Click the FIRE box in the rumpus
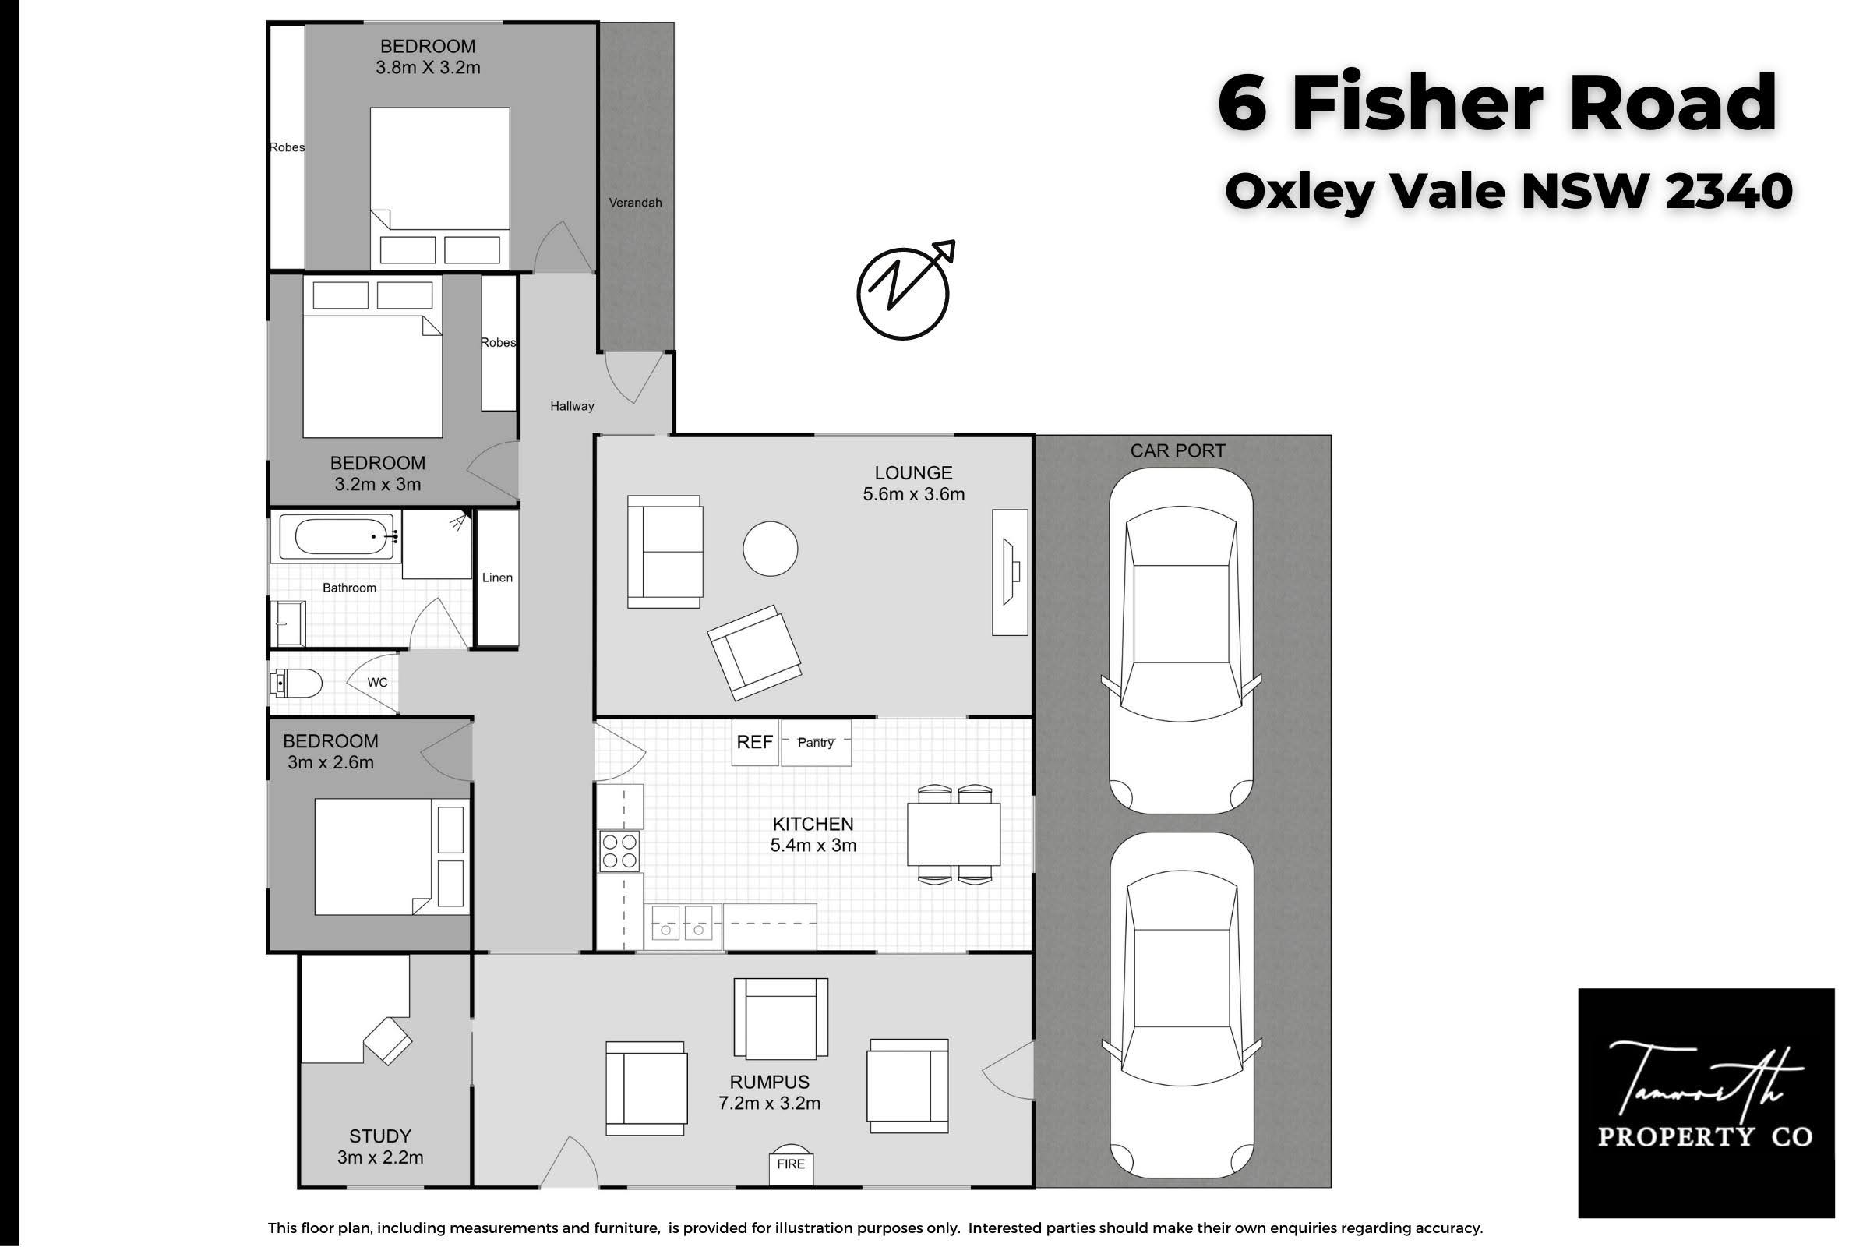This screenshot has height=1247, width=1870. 790,1165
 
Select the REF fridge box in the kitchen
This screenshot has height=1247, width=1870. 753,742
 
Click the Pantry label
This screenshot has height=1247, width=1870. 816,742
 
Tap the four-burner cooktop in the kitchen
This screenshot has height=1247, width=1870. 619,851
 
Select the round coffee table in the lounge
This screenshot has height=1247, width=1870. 770,548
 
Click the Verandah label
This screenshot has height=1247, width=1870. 635,203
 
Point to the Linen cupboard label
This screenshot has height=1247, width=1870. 497,578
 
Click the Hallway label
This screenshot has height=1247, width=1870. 572,406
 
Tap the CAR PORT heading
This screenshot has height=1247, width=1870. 1177,451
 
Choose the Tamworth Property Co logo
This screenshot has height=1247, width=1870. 1706,1103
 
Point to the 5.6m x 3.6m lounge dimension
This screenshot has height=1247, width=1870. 913,494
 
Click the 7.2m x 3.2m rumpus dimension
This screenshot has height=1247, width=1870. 769,1103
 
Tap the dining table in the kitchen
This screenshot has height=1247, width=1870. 954,834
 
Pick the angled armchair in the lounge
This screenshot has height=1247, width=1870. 754,653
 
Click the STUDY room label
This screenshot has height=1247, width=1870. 380,1136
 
